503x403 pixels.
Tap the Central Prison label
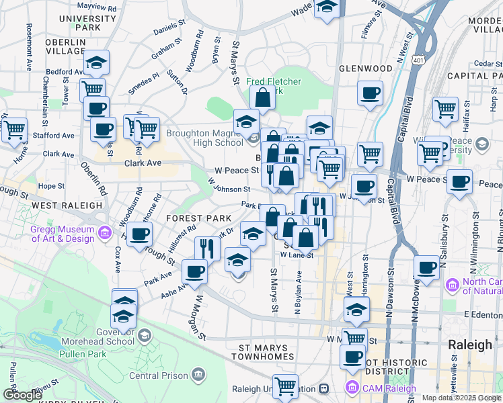(x=159, y=374)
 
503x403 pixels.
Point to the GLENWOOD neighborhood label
(x=365, y=69)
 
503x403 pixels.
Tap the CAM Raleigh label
(x=387, y=388)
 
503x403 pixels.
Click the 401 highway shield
(x=418, y=60)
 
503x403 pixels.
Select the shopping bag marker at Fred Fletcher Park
(x=262, y=98)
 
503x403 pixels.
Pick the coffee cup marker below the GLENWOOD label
(x=370, y=93)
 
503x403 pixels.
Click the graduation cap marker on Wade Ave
(x=327, y=8)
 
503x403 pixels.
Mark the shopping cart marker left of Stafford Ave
(x=13, y=129)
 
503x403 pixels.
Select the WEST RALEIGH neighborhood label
(x=61, y=205)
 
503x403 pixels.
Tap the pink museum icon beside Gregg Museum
(x=104, y=234)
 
